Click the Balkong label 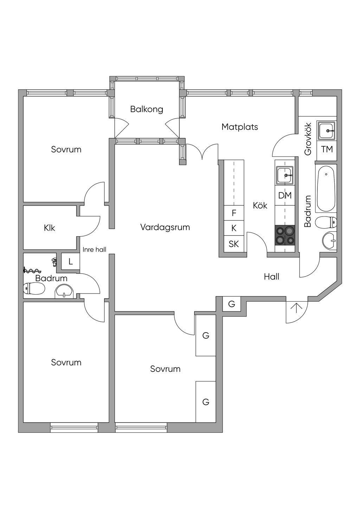tap(147, 109)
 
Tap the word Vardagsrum tap(165, 227)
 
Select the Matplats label tap(240, 127)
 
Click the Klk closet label tap(50, 228)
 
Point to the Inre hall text tap(94, 250)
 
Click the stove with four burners tap(285, 235)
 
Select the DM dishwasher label tap(285, 195)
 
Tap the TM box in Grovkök tap(327, 149)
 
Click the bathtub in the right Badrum tap(326, 189)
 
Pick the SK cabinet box tap(234, 244)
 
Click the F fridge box tap(234, 213)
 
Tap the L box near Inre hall tap(71, 262)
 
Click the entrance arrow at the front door tap(297, 308)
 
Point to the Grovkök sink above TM tap(327, 130)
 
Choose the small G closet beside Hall tap(232, 304)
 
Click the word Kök tap(260, 206)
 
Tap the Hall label tap(271, 277)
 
